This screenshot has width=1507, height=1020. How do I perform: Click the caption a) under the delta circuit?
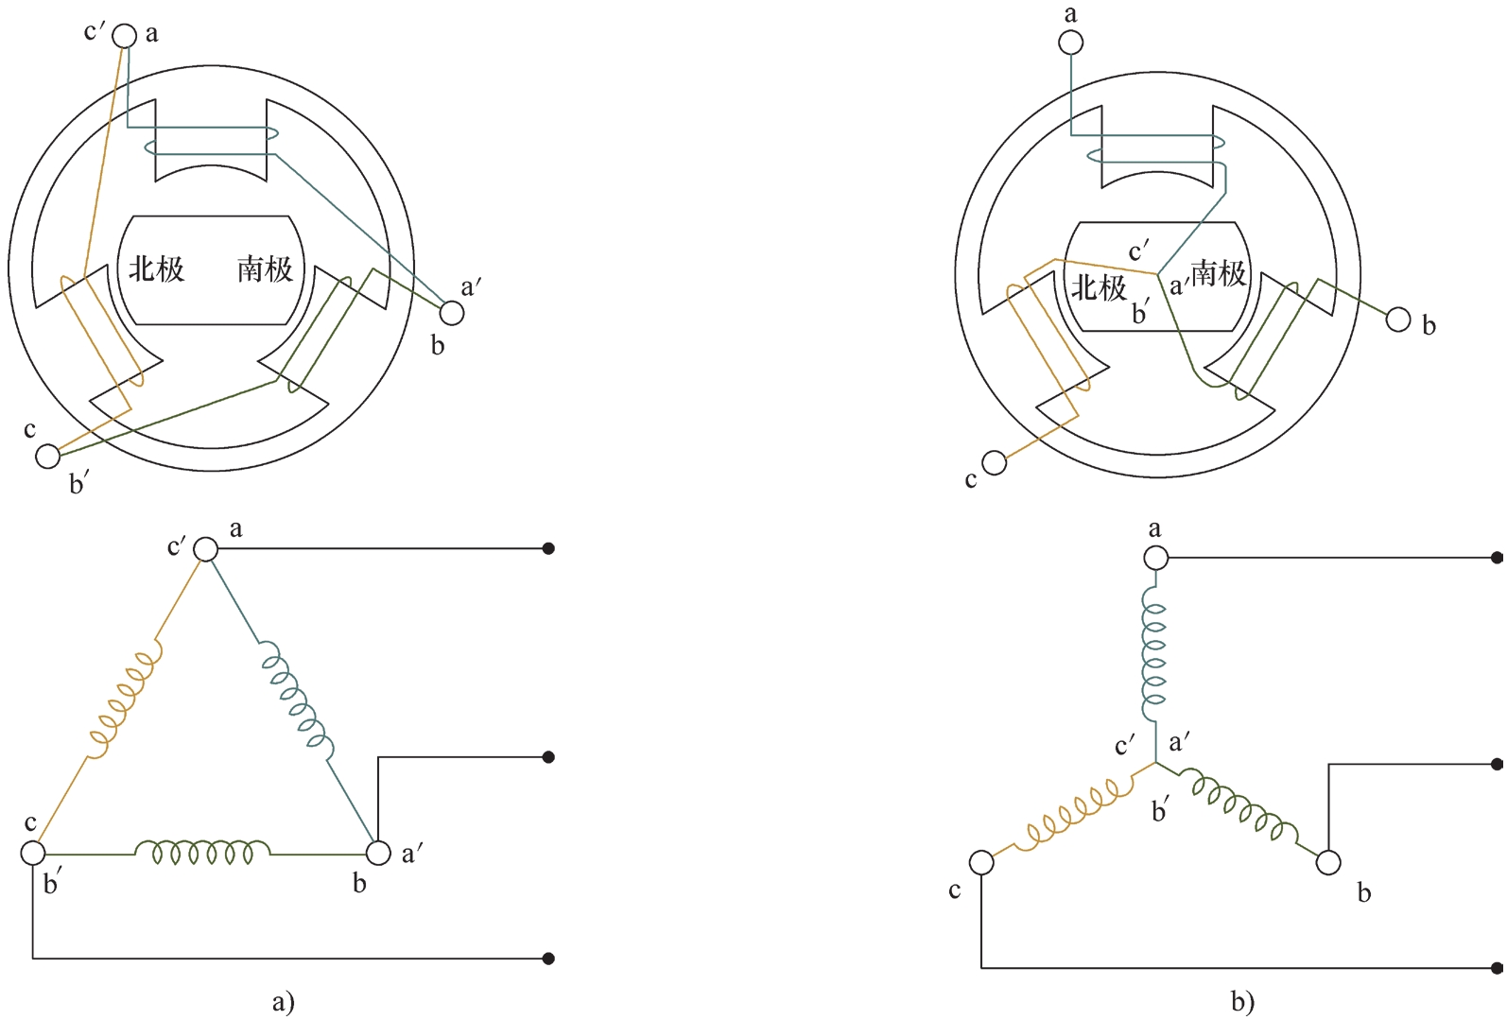click(284, 1002)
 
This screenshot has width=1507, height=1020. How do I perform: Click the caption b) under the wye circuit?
click(1243, 1002)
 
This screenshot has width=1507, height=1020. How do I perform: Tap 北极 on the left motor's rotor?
click(157, 269)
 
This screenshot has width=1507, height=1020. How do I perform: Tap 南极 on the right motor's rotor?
click(1219, 274)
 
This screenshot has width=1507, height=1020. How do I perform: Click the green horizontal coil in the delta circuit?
click(202, 852)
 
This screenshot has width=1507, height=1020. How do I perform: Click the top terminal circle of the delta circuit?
click(206, 549)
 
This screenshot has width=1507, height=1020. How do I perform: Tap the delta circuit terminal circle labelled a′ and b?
click(378, 853)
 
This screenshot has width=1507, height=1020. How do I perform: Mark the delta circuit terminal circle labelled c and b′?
click(33, 853)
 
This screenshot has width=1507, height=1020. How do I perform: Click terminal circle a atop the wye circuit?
click(1156, 557)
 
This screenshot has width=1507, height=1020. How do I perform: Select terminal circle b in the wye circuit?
click(1328, 862)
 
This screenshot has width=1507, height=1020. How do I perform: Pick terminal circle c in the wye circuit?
click(981, 862)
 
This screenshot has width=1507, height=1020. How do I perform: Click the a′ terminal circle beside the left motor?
click(451, 313)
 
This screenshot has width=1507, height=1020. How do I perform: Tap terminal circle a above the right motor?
click(1070, 43)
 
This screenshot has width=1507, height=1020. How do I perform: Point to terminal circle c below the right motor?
click(995, 463)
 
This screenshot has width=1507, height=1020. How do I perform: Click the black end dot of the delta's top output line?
click(548, 548)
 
